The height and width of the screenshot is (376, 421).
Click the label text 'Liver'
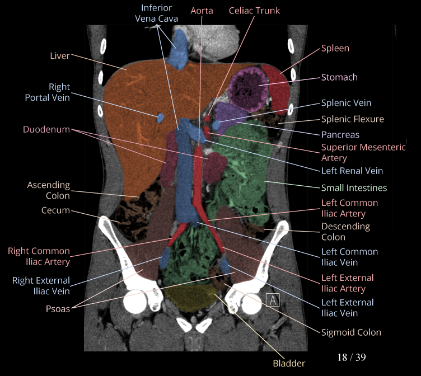tap(59, 55)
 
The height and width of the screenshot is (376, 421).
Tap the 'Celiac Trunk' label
tap(254, 11)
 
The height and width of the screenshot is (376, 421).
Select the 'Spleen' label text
tap(335, 49)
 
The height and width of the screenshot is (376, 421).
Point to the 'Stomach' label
tap(339, 77)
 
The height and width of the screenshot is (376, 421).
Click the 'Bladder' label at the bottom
tap(289, 363)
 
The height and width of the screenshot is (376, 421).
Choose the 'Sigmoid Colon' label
tap(351, 332)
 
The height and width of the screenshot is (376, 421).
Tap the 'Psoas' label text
tap(58, 308)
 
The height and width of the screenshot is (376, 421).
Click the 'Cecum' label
tap(55, 210)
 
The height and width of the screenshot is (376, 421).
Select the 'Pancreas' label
tap(340, 135)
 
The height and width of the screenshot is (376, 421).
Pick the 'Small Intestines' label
tap(354, 188)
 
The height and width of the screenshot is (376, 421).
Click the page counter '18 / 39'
tap(352, 357)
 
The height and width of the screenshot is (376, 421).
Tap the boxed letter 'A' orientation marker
tap(273, 300)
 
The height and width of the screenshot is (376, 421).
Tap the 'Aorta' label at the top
tap(202, 11)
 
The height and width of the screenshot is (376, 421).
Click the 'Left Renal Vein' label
tap(352, 171)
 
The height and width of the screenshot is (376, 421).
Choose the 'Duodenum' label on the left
tap(46, 129)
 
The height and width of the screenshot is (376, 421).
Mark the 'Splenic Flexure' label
tap(352, 119)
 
